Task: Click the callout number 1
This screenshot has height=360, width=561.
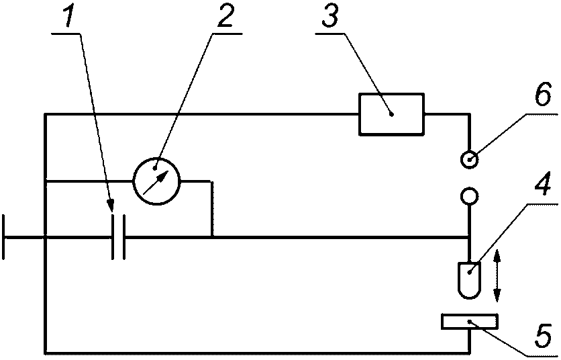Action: coord(66,16)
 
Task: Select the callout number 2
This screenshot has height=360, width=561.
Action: coord(223,16)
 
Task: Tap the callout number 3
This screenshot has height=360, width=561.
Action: coord(329,16)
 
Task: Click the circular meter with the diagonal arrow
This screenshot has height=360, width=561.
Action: coord(156,181)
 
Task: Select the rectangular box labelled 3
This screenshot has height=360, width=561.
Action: coord(392,114)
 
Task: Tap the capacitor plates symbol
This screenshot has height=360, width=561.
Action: coord(118,237)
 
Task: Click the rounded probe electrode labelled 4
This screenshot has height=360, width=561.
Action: coord(469,280)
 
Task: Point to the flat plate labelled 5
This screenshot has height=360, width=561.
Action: coord(470,321)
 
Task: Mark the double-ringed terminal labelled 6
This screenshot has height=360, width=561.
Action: coord(469,159)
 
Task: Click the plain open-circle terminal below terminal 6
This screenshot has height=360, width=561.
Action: coord(469,196)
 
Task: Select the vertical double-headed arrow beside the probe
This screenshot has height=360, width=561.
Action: coord(496,276)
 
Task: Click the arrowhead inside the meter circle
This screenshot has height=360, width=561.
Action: coord(163,175)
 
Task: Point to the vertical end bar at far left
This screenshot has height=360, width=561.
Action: coord(3,237)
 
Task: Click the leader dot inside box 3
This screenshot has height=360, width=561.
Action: coord(392,115)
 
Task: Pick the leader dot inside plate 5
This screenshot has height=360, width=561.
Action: coord(468,321)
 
